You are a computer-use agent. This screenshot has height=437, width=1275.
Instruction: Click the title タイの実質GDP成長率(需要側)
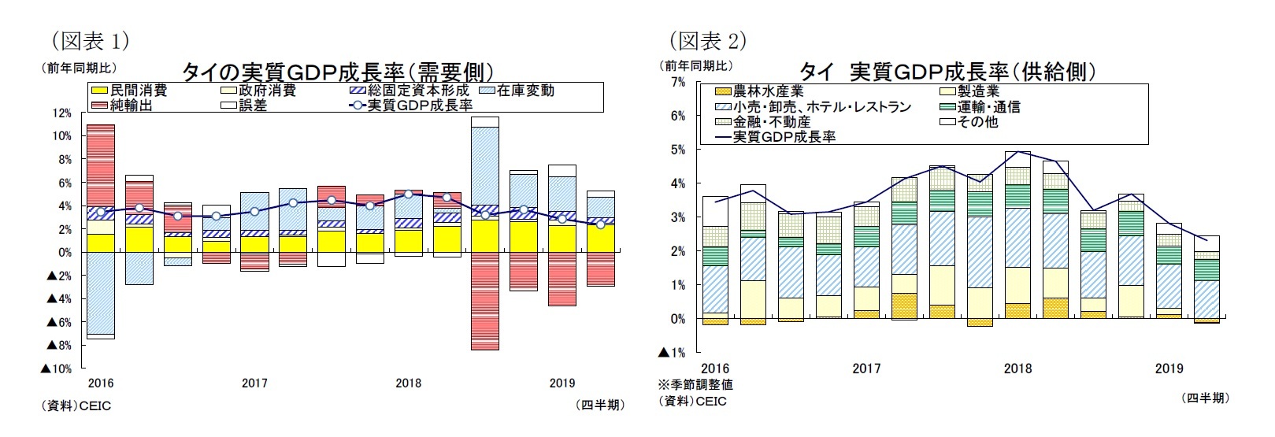click(338, 72)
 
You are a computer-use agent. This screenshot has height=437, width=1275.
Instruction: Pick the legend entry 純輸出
click(131, 106)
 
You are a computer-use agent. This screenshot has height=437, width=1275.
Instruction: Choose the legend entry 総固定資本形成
click(418, 91)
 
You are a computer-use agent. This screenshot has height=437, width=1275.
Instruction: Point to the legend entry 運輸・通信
click(988, 106)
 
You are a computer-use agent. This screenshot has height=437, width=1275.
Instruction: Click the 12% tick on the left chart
click(61, 113)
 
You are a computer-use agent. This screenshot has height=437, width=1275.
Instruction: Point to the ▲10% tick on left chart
click(57, 368)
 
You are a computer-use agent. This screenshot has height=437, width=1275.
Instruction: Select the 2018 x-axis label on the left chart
click(408, 383)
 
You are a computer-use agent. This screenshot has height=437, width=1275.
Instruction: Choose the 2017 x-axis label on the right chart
click(866, 368)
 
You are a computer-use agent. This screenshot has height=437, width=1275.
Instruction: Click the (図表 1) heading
click(89, 40)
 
